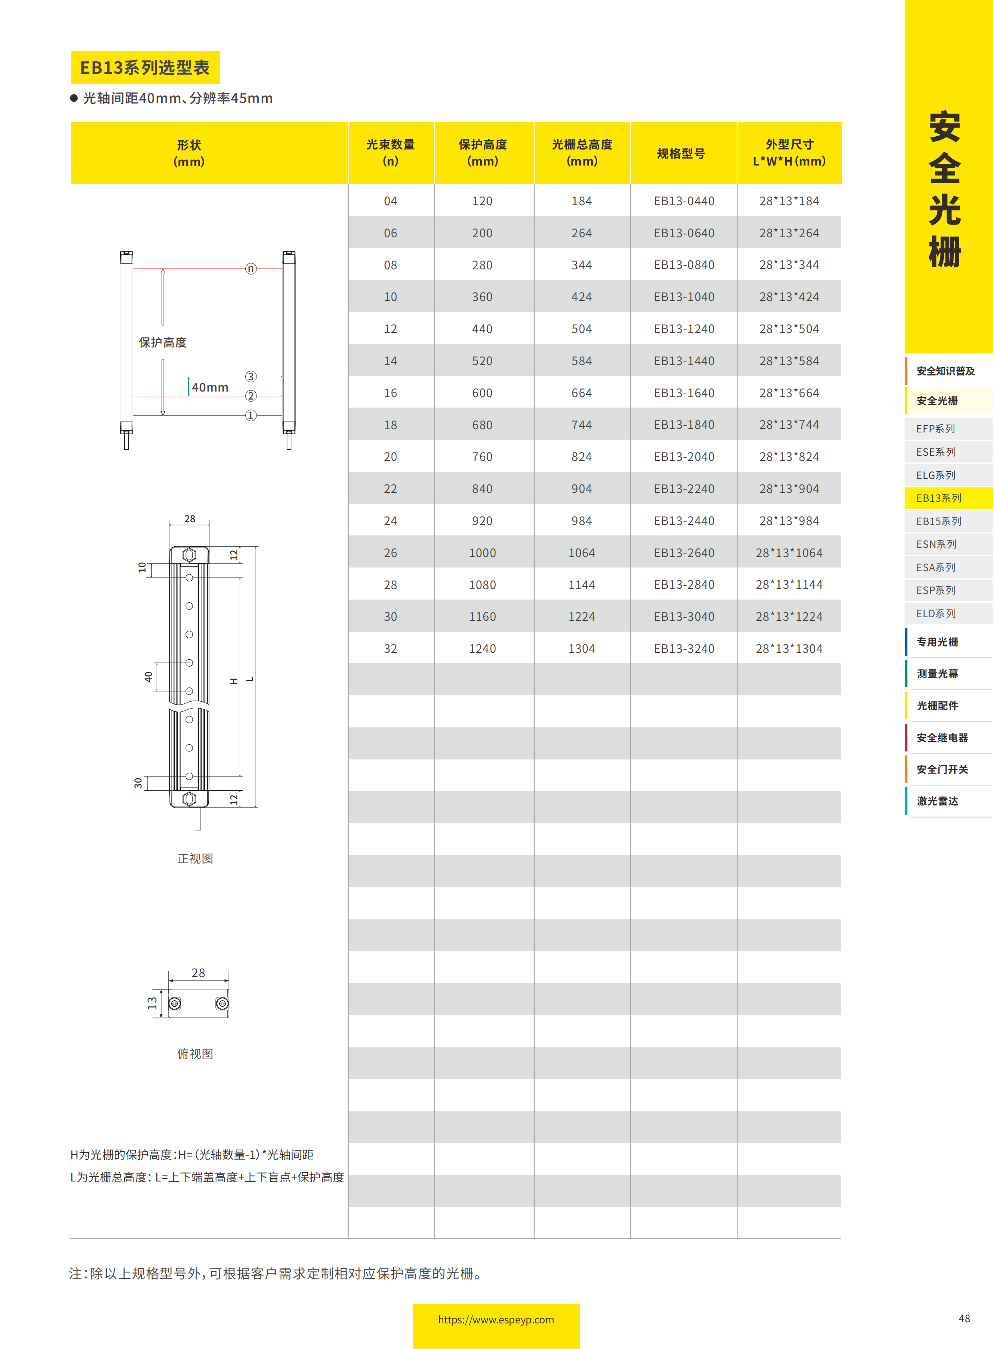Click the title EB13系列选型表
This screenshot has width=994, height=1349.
point(145,67)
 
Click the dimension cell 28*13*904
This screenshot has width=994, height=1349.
point(788,489)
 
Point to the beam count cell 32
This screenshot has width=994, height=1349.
point(390,648)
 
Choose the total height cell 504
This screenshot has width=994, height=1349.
point(581,329)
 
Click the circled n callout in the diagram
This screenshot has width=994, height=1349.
point(251,269)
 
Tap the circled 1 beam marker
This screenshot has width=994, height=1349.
point(251,415)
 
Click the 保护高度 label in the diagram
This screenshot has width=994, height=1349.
point(162,342)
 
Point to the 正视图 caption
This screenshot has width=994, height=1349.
point(195,858)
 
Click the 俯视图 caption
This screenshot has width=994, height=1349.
point(195,1054)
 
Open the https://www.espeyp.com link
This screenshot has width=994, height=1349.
point(496,1319)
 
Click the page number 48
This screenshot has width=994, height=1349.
point(964,1318)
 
